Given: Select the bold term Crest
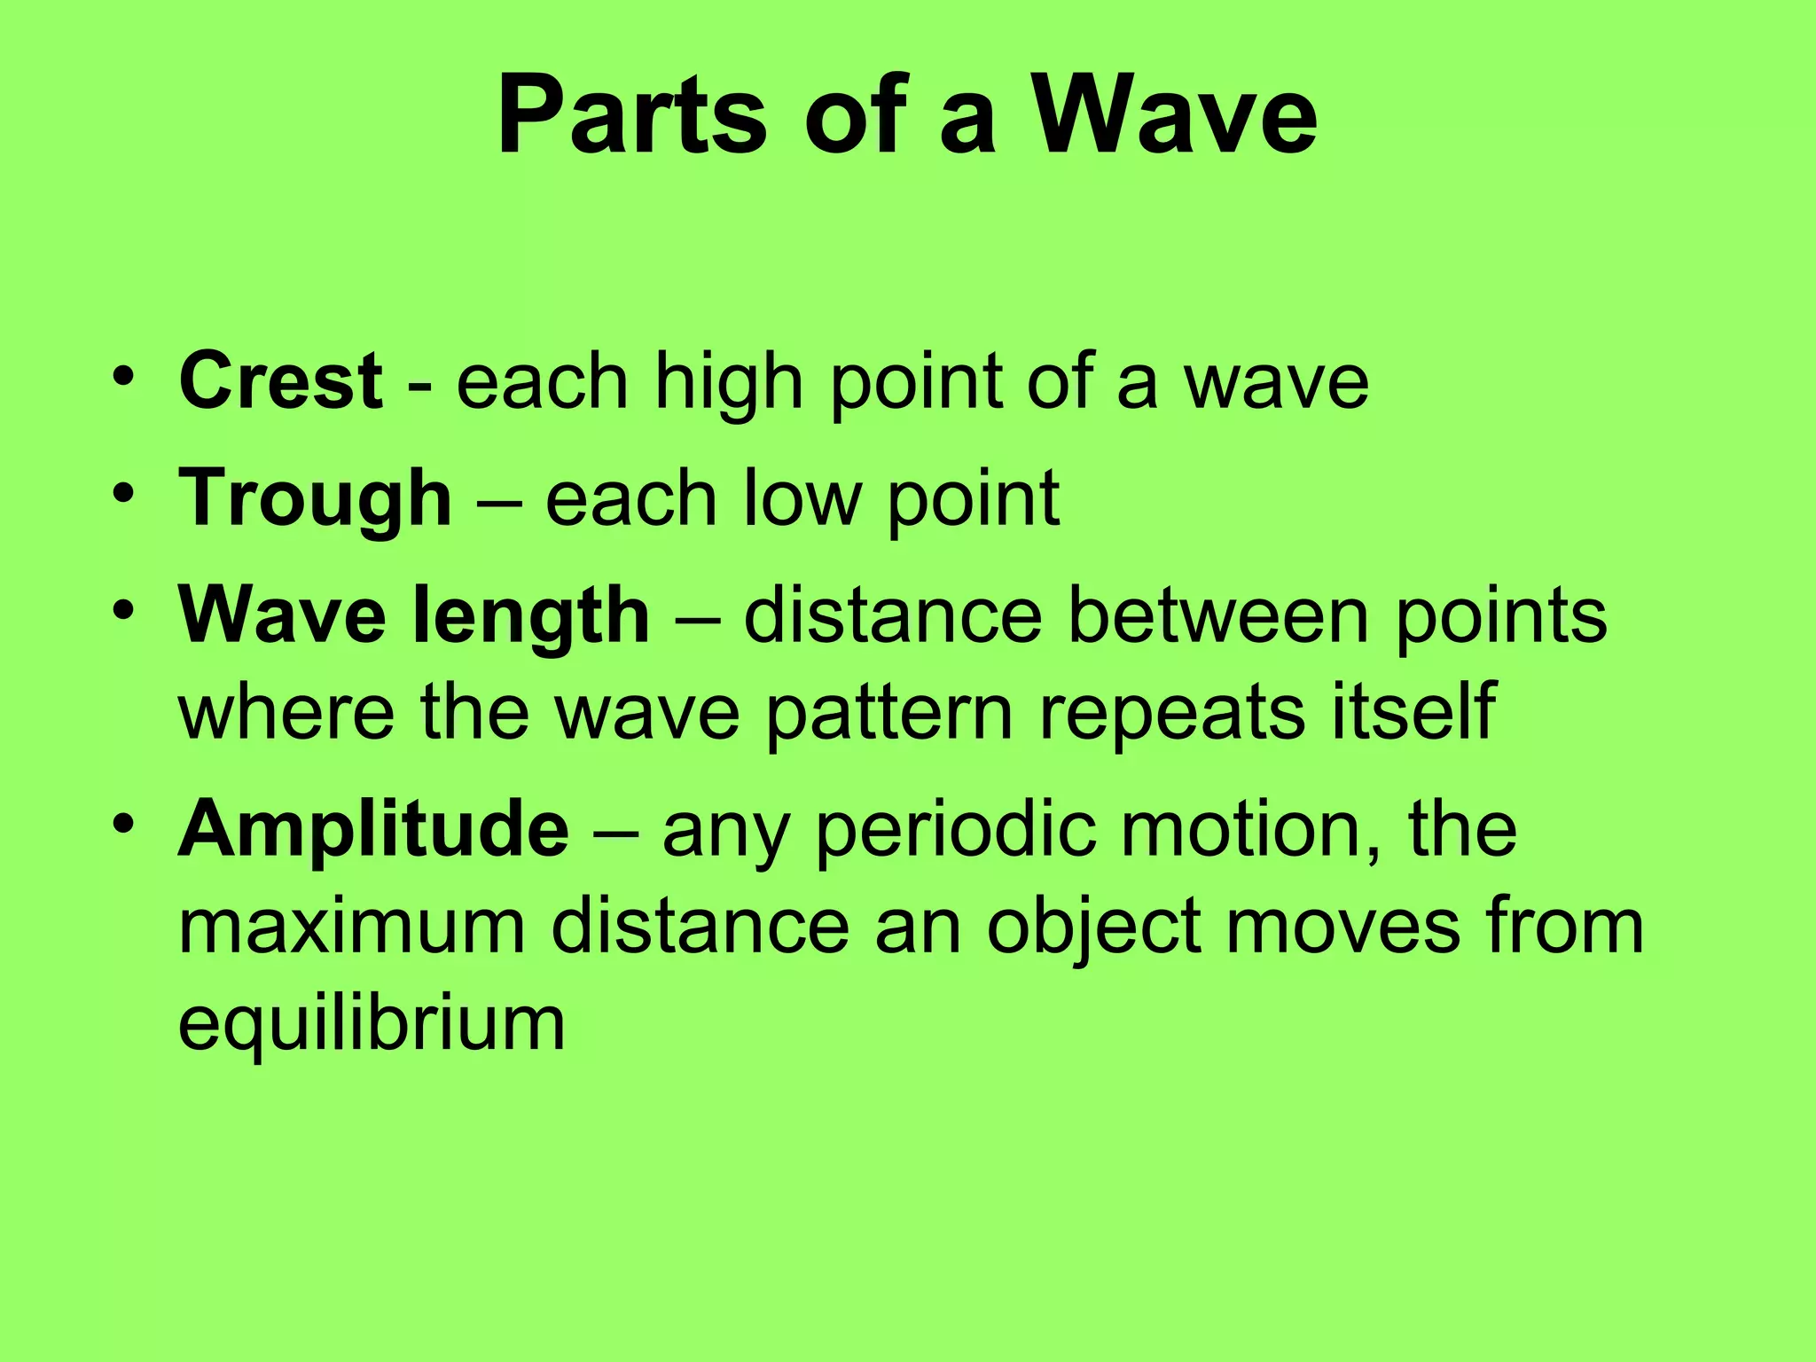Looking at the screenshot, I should tap(280, 380).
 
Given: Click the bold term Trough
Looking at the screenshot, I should tap(315, 499).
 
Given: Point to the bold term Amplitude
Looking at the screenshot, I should tap(373, 829).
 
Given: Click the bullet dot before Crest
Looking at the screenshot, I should tap(123, 376).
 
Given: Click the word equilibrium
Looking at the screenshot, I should tap(372, 1024).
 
